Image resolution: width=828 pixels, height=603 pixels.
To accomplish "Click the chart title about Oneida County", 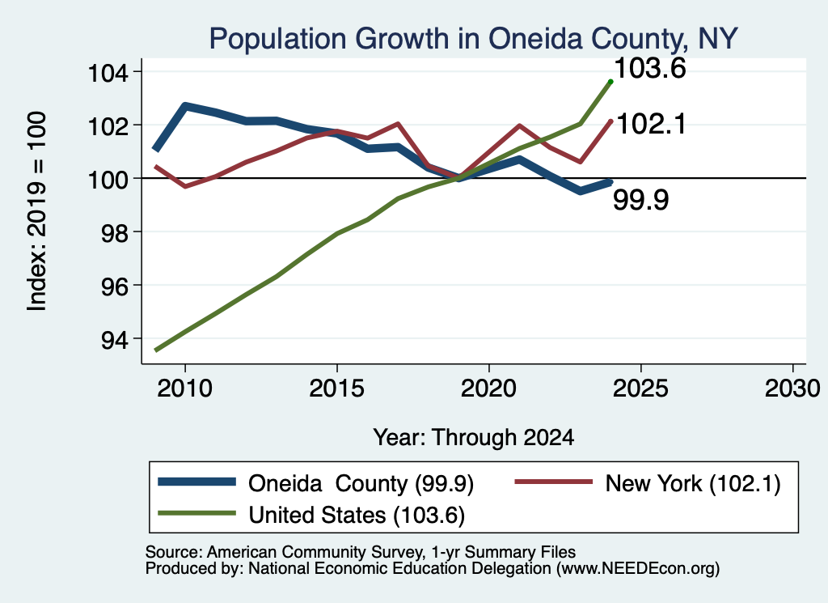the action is (x=473, y=39).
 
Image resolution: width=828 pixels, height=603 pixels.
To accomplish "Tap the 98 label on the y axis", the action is (x=115, y=232).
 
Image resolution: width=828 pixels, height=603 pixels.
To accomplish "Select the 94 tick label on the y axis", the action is (x=115, y=339).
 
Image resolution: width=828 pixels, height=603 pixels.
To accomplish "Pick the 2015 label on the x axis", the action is (x=337, y=389).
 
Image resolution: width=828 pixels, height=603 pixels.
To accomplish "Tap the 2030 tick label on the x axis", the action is (x=792, y=389).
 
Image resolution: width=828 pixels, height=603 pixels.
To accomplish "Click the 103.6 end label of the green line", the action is (x=650, y=68).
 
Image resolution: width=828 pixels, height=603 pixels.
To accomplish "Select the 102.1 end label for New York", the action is (x=651, y=124).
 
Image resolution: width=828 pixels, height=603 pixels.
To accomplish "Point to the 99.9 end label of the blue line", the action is (x=641, y=200).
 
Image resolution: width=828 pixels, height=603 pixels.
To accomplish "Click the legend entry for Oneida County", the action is (x=316, y=483).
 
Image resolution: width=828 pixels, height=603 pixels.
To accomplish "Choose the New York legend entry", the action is (x=648, y=483).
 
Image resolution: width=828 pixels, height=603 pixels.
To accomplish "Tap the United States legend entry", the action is (x=311, y=515).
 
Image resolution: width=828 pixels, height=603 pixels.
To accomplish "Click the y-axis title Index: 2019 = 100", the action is (x=37, y=211).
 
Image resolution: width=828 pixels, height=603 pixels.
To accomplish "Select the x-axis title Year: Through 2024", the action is (x=474, y=438).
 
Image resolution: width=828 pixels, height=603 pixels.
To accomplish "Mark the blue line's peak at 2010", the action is (x=185, y=107).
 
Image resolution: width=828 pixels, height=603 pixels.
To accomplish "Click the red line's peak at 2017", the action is (x=398, y=124).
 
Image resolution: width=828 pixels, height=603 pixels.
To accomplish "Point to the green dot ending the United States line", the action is (x=611, y=82).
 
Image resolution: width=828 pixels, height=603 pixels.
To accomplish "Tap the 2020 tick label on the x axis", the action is (x=489, y=389).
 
